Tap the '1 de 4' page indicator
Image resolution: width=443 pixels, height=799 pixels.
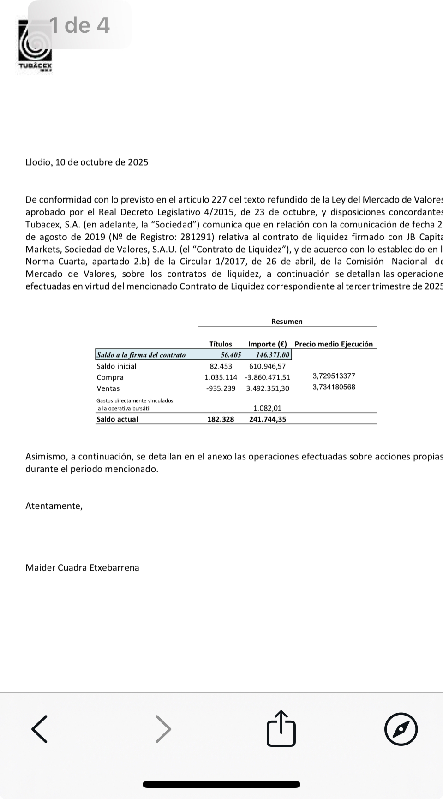79,25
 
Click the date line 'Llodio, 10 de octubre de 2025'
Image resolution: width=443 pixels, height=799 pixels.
87,162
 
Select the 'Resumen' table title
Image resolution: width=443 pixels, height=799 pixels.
287,322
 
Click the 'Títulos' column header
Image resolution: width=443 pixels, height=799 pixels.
221,344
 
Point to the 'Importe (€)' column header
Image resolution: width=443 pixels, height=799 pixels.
268,344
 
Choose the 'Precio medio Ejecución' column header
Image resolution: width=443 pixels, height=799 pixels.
334,344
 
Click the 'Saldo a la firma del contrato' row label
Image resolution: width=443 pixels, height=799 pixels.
141,355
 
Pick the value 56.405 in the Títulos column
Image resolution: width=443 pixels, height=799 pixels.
231,355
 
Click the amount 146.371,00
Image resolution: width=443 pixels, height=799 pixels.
273,355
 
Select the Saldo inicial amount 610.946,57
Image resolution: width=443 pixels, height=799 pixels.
268,366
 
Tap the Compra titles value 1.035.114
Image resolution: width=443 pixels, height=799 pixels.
221,377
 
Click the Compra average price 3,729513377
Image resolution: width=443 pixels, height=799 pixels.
334,376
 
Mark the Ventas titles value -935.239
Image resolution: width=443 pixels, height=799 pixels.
221,388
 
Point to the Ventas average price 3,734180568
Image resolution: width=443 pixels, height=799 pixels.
334,387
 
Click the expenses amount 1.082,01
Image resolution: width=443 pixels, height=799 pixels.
268,408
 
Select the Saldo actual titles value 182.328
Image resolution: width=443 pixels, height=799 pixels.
221,419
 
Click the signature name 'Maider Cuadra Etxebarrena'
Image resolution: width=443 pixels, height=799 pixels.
82,568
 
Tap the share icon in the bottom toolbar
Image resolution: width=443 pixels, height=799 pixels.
281,729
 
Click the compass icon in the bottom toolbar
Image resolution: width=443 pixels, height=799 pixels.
401,729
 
